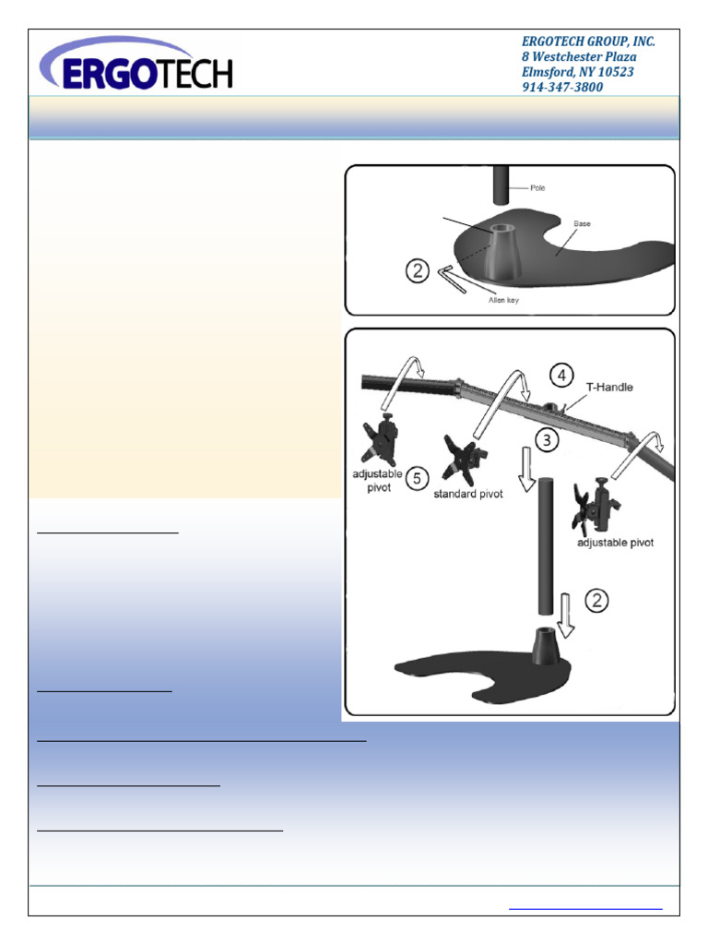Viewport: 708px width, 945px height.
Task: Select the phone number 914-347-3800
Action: [562, 88]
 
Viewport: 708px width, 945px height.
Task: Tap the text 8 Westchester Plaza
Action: [579, 57]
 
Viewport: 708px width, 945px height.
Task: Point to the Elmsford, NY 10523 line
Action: [578, 72]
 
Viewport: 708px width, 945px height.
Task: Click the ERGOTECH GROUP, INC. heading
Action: [588, 42]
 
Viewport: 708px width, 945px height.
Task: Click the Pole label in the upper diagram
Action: [537, 188]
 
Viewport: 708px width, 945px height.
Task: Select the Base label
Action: [582, 223]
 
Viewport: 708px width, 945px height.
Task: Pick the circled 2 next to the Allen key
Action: [418, 270]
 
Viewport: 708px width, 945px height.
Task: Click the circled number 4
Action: [560, 376]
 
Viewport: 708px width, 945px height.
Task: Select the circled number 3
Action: [548, 440]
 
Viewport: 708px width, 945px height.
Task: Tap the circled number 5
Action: [418, 478]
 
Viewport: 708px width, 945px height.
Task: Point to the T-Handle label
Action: [610, 388]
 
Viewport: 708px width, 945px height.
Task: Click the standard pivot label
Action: [467, 495]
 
